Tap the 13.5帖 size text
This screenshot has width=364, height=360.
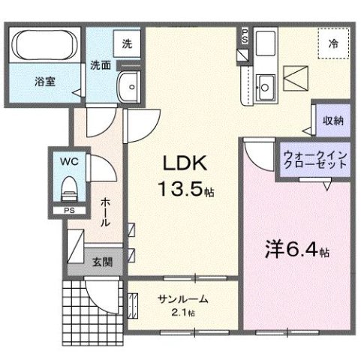[x=185, y=190]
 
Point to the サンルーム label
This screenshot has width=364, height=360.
[x=182, y=298]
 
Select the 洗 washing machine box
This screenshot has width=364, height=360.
[x=128, y=43]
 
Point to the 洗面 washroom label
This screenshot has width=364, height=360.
[x=101, y=66]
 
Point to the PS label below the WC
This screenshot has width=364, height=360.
[x=68, y=211]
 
